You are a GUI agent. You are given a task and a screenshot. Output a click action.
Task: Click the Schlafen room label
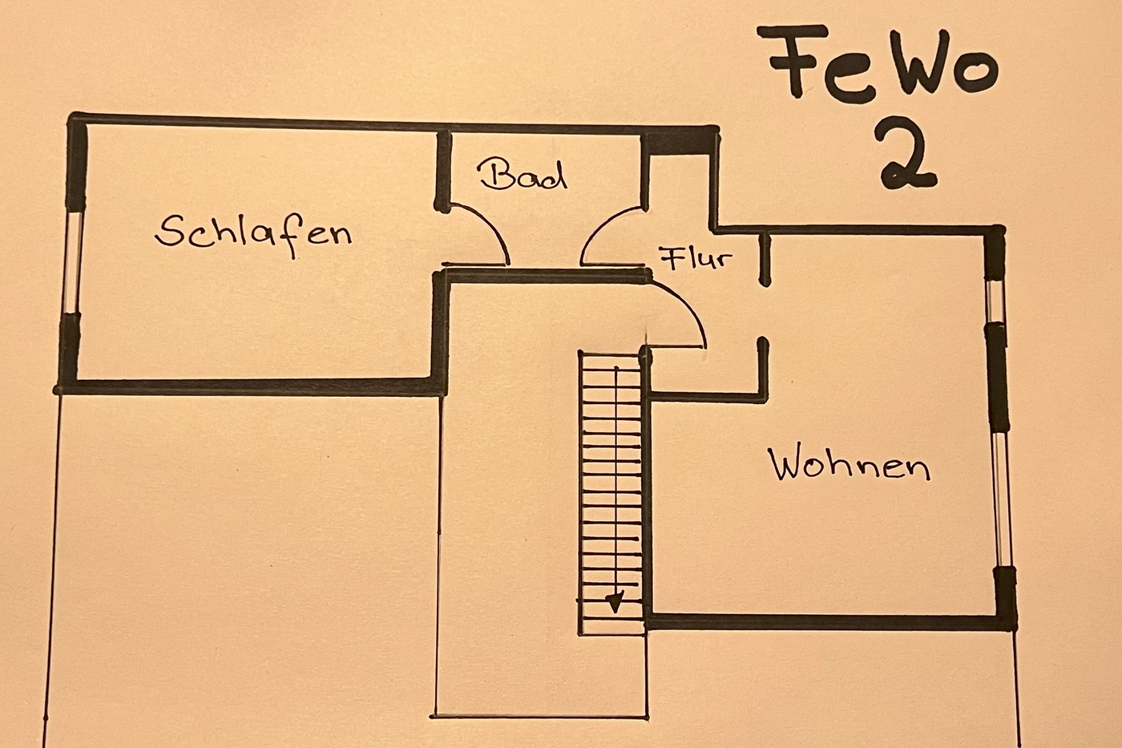254,234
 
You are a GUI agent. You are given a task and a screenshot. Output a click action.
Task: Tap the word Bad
523,175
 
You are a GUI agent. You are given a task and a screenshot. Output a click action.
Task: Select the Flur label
696,259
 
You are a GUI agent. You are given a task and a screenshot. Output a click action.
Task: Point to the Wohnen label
850,464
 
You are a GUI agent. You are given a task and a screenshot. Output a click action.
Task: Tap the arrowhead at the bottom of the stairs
615,602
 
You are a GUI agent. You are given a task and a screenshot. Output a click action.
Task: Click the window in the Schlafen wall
73,262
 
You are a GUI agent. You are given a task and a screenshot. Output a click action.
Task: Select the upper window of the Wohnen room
995,301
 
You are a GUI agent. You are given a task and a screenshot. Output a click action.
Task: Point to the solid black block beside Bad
680,142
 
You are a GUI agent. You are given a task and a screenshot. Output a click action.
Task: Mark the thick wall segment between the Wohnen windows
998,378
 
